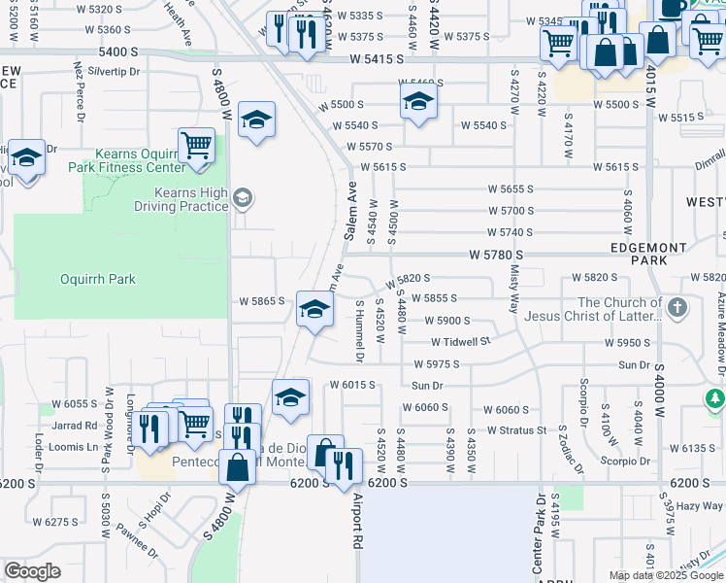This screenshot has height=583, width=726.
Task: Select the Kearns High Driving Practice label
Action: [181, 200]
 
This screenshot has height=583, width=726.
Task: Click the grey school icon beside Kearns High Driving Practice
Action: [242, 199]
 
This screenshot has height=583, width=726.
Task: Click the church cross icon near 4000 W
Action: [677, 309]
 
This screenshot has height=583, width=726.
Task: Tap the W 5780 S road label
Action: [496, 255]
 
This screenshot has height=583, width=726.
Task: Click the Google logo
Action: [32, 570]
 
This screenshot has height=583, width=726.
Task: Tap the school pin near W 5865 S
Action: [313, 310]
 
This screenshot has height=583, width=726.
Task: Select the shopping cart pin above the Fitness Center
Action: [197, 146]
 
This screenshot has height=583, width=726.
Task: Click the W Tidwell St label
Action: [461, 342]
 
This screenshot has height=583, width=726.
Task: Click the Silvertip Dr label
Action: [115, 71]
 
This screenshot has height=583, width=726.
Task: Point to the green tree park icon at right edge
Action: [715, 398]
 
